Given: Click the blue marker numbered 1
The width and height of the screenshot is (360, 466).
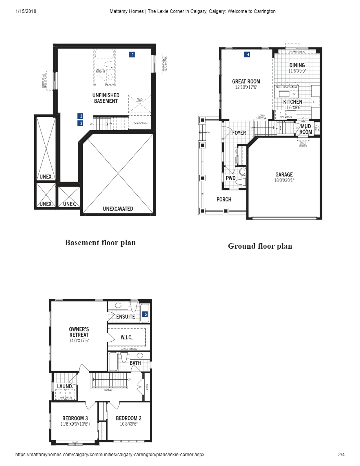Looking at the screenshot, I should (133, 55).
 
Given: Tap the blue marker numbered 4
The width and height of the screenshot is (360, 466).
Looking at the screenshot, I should (247, 55).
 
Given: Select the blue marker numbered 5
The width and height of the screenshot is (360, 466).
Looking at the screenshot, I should (145, 314).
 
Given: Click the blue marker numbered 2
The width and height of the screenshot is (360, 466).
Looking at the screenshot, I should (80, 116).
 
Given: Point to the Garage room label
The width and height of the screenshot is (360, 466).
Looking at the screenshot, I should (284, 175).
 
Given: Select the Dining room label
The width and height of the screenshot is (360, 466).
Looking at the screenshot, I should (297, 66).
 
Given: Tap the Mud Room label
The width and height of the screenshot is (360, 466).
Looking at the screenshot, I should (306, 129).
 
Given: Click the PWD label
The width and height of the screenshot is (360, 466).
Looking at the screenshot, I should (231, 178).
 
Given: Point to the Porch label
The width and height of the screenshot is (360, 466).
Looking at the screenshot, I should (224, 199).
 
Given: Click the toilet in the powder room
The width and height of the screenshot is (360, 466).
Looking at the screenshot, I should (242, 172).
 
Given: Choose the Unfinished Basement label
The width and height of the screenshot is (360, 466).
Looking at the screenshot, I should (106, 98).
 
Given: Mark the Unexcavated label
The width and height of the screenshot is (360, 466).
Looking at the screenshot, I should (118, 209).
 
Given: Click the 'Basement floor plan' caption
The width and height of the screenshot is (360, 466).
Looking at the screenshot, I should (100, 242).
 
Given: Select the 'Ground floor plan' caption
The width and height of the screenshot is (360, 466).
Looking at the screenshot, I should (260, 246).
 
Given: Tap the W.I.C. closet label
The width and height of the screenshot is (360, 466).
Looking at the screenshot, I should (126, 337).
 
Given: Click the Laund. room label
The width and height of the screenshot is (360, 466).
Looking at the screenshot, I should (65, 386).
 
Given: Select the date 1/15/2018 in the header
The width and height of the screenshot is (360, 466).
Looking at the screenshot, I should (26, 11).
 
